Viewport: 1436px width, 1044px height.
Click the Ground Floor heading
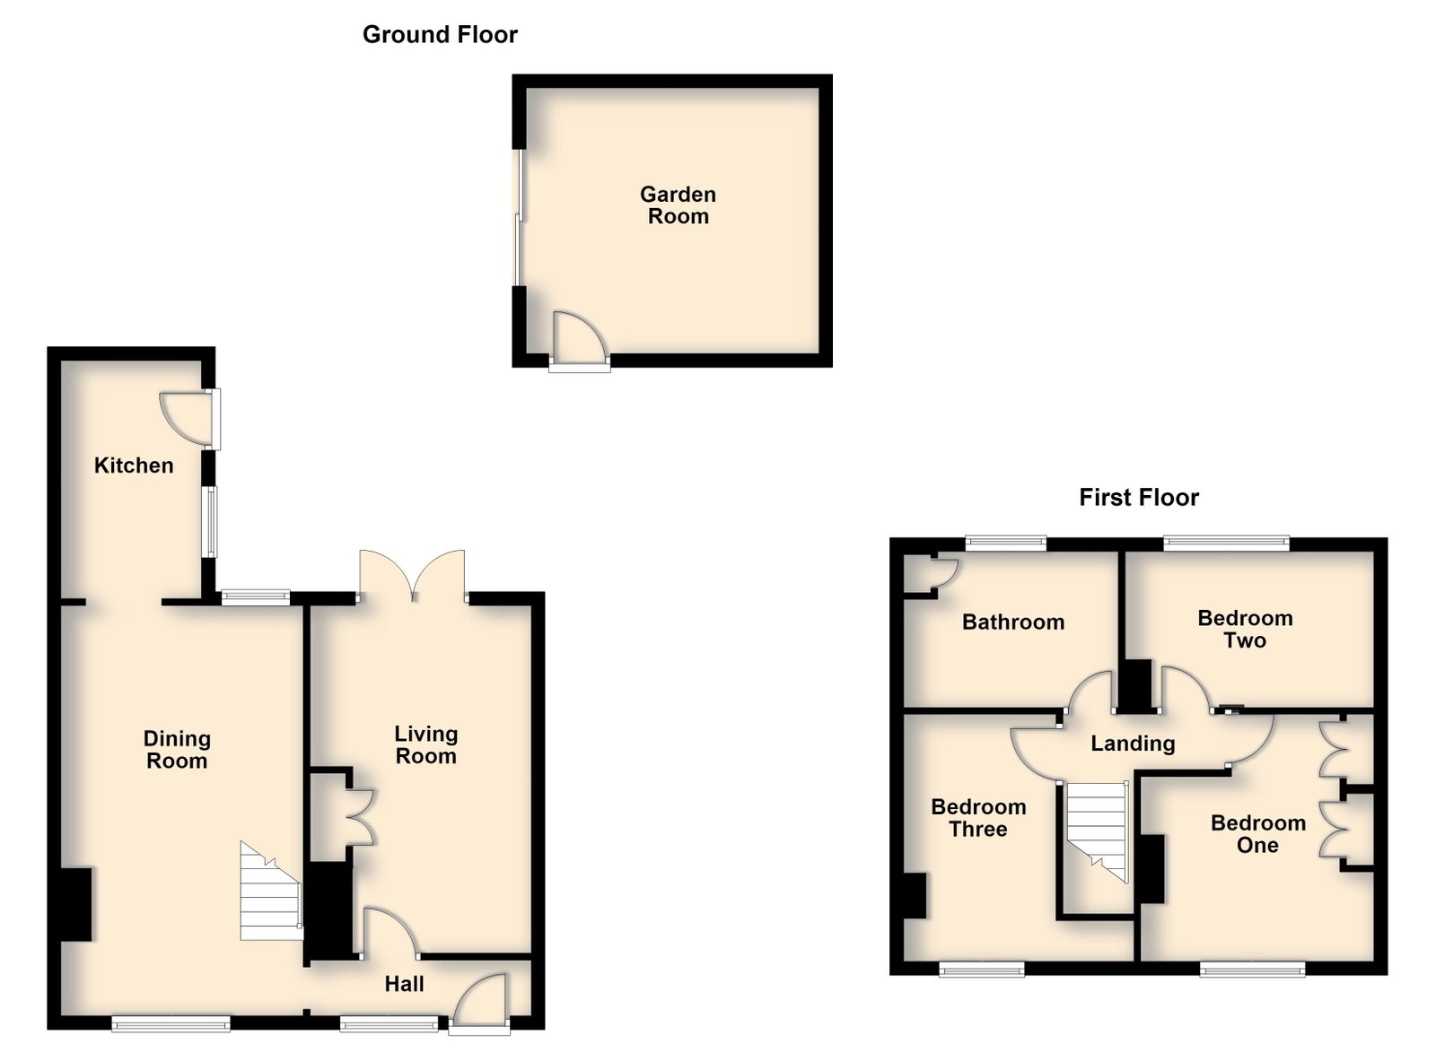pos(440,35)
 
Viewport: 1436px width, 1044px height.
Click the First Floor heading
pos(1139,498)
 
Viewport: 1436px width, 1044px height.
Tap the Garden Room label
pos(678,205)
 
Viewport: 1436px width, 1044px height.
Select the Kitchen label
pos(134,465)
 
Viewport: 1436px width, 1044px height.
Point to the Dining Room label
pos(177,750)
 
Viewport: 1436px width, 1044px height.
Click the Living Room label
pos(425,745)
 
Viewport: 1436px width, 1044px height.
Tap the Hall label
pos(404,984)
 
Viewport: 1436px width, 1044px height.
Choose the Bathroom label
pos(1013,622)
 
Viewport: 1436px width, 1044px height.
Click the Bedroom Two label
pos(1245,629)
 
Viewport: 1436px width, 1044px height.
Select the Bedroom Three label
pos(978,818)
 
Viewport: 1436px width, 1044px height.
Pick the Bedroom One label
pos(1257,834)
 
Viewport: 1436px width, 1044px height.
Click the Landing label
pos(1133,743)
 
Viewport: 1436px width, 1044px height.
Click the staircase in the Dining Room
pos(271,892)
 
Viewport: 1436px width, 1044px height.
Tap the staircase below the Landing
pos(1096,831)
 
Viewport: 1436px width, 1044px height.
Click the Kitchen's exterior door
pos(189,419)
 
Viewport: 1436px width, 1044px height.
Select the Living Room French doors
pos(412,576)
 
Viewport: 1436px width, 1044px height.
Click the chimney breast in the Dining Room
pos(76,904)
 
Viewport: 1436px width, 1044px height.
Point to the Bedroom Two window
pos(1226,544)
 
